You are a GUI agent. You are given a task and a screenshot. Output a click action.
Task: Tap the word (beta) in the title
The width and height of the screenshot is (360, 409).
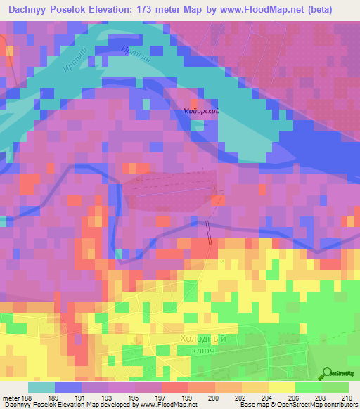tap(334, 9)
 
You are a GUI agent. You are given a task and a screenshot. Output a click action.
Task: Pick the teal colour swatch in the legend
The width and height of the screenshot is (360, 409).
tap(41, 387)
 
